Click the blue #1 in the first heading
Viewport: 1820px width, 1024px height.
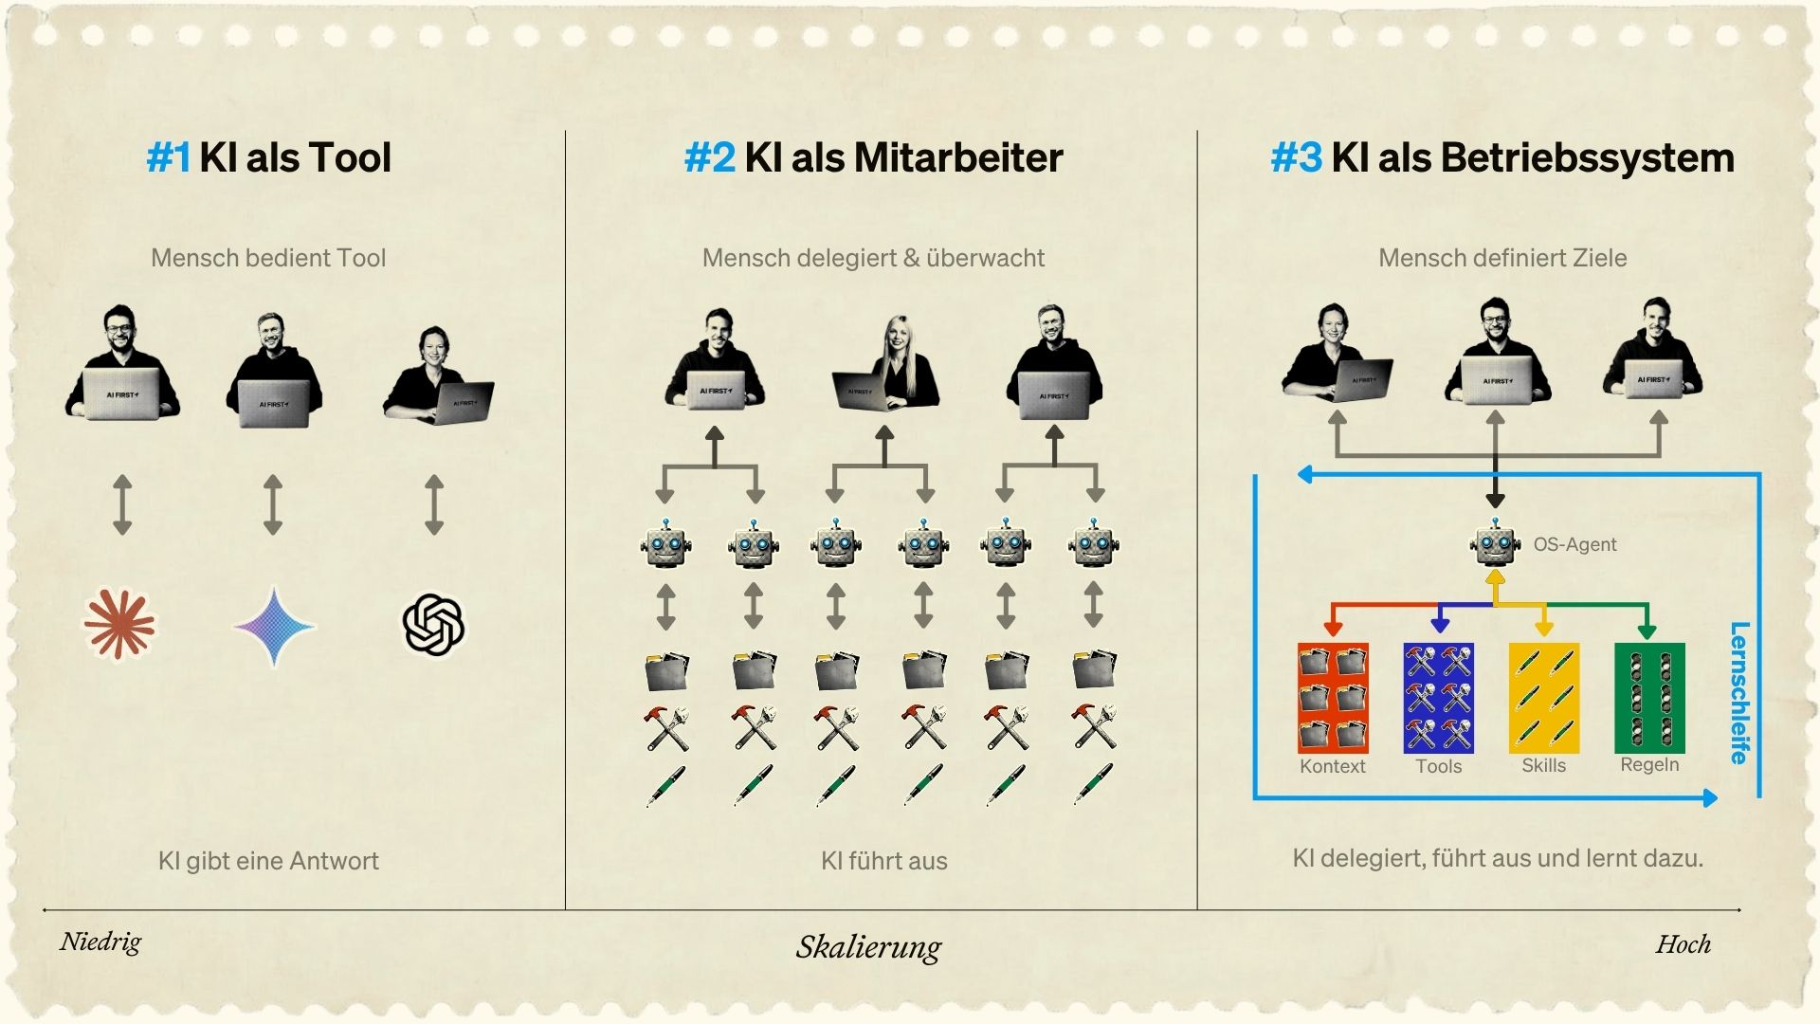(169, 157)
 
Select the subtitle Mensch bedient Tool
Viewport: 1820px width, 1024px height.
(268, 258)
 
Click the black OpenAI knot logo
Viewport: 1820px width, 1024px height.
(433, 624)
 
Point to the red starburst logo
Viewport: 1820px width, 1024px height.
(119, 624)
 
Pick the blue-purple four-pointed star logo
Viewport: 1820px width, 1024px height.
(274, 626)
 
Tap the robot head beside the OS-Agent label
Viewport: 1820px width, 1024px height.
(1495, 544)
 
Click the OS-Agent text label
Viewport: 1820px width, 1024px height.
(1574, 544)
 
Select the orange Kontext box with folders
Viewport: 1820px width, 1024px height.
(1333, 697)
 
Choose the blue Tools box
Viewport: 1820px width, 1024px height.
(1438, 697)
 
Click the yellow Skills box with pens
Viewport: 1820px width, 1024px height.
(1543, 697)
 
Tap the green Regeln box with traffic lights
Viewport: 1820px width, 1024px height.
(1649, 697)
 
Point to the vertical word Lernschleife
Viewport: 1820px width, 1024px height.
(1739, 692)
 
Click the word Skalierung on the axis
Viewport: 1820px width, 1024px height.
(868, 946)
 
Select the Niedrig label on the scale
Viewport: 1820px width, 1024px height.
(100, 942)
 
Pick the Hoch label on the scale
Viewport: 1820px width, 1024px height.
(1683, 943)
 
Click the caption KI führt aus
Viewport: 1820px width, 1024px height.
(883, 861)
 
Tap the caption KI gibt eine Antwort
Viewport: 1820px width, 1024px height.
(268, 861)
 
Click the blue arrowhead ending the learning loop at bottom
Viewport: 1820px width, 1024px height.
(1709, 797)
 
